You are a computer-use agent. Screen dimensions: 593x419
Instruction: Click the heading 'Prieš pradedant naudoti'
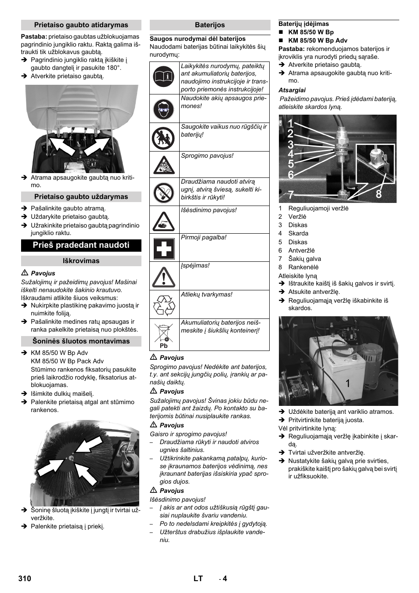(x=81, y=245)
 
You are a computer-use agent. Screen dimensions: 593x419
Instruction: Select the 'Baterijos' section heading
(x=209, y=25)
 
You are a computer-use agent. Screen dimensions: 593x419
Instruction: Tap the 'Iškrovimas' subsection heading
(x=81, y=261)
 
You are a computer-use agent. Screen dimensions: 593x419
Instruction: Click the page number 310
(x=25, y=579)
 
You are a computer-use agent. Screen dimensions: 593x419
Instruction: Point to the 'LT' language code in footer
(x=198, y=579)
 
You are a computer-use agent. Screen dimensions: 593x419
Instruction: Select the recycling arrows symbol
(x=164, y=305)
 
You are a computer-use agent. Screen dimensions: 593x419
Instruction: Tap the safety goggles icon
(x=164, y=109)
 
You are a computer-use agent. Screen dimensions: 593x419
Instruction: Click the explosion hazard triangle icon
(x=164, y=166)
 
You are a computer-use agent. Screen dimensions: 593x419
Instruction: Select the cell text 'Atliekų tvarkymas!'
(x=207, y=295)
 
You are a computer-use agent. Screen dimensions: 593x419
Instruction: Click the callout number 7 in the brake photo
(x=290, y=195)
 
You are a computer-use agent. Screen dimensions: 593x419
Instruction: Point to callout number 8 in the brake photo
(x=378, y=194)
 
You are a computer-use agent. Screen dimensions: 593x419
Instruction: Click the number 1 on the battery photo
(x=347, y=384)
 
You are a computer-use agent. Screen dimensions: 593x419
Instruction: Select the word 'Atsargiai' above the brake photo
(x=292, y=90)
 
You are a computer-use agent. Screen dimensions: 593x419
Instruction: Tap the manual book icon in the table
(x=164, y=77)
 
